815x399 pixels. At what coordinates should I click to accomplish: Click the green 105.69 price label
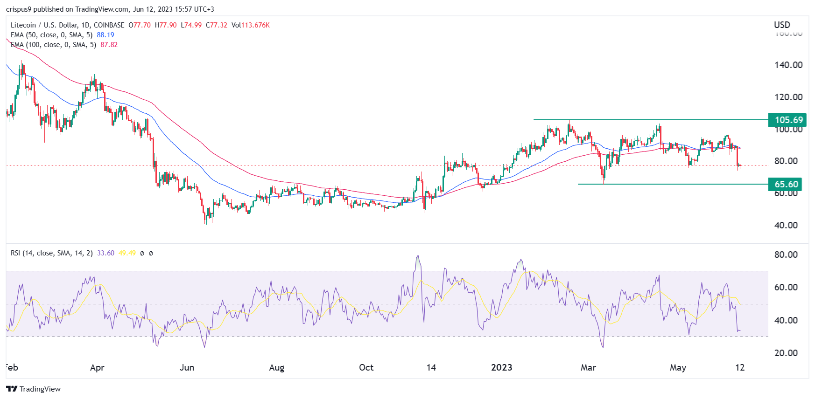point(788,120)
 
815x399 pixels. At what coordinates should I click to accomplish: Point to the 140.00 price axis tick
point(788,65)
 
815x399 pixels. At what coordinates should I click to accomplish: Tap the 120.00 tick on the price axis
point(788,97)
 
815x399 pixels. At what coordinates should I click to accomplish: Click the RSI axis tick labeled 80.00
point(786,255)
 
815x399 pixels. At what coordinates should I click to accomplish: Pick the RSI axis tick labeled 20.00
point(786,353)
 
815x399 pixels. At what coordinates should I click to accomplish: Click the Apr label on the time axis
point(97,367)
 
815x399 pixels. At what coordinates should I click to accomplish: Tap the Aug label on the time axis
point(277,367)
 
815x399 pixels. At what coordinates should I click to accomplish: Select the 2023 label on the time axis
point(502,367)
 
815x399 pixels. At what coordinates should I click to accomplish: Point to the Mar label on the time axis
point(588,367)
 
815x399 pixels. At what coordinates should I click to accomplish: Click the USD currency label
point(782,25)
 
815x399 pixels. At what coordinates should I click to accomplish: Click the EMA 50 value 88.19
point(105,35)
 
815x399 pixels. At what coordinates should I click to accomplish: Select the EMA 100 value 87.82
point(109,45)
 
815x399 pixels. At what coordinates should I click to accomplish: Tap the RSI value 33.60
point(105,253)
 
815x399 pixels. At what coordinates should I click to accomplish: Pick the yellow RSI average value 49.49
point(127,253)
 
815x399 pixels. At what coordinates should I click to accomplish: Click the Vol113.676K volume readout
point(251,25)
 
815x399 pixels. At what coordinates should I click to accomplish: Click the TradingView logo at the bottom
point(34,389)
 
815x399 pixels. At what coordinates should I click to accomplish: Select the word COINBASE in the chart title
point(109,25)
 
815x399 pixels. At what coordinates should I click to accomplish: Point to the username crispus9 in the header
point(19,9)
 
